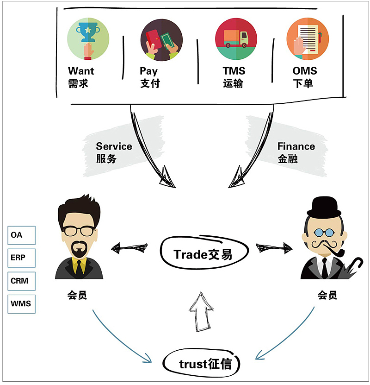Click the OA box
click(x=21, y=235)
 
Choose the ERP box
click(x=21, y=258)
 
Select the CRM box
click(x=21, y=281)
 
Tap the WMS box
click(x=21, y=303)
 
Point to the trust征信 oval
click(x=204, y=364)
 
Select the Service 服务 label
click(x=114, y=152)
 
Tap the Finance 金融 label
click(x=296, y=152)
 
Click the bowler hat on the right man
click(x=325, y=206)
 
